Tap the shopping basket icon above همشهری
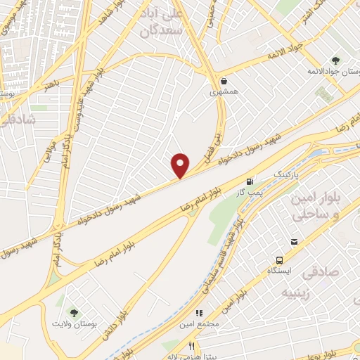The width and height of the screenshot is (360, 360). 224,80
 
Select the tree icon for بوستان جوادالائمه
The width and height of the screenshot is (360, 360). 335,60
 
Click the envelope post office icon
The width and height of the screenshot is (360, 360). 294,242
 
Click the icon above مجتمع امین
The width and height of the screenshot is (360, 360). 199,313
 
